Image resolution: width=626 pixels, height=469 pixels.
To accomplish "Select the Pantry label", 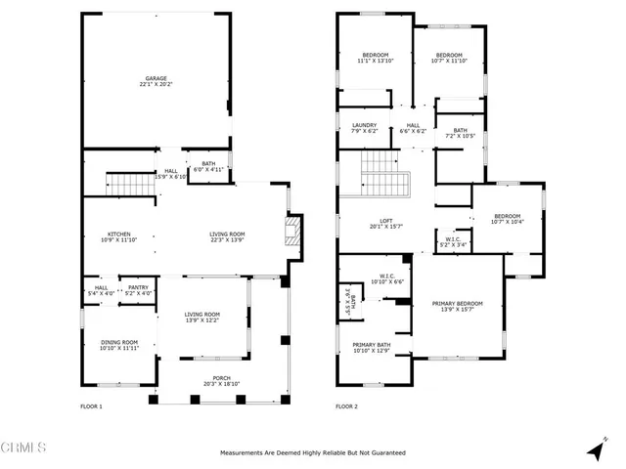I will click(x=139, y=289).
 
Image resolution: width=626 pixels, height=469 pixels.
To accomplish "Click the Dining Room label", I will click(x=119, y=344).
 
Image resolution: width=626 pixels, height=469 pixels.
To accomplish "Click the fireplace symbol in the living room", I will click(x=289, y=233).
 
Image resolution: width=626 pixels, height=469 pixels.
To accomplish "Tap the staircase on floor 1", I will click(x=124, y=183).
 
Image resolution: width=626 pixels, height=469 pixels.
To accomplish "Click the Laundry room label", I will click(x=365, y=127).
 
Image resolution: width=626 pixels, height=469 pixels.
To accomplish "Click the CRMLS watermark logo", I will click(x=24, y=449).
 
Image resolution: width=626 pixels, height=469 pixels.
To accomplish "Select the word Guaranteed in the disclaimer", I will click(x=383, y=453).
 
